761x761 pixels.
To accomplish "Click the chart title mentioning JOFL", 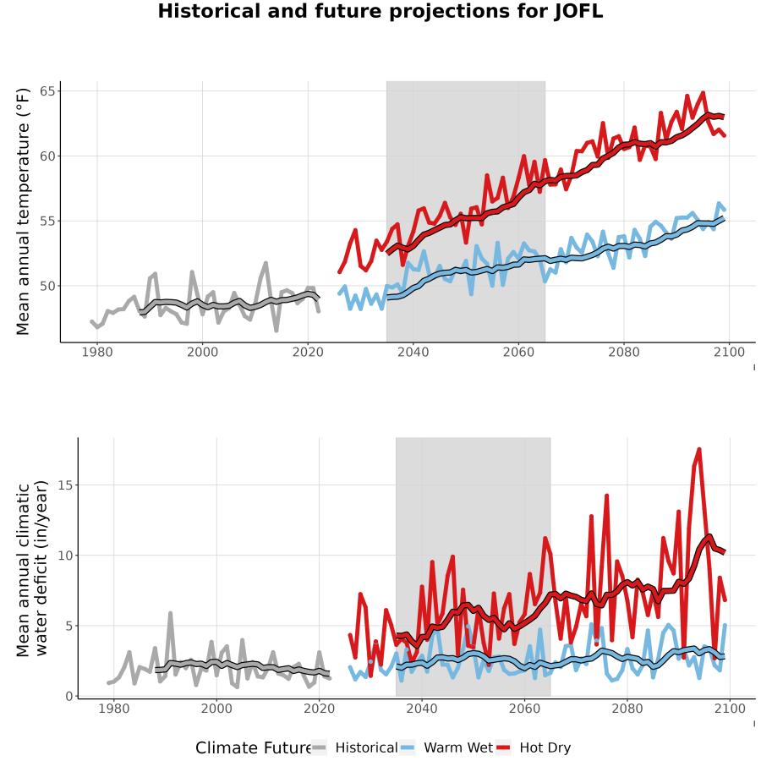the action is tap(380, 11).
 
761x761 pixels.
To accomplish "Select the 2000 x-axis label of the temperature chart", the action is tap(202, 352).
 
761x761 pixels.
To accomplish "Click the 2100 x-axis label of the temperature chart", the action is tap(729, 352).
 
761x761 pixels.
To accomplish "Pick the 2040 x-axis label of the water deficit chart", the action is tap(422, 709).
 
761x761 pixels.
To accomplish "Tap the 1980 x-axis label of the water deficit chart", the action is tap(114, 709).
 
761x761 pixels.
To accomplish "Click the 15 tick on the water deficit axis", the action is tap(65, 485).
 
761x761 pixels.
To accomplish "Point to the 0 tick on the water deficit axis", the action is tap(69, 696).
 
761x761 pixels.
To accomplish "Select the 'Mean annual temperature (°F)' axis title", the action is tap(23, 211).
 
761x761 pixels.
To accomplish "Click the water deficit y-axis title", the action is tap(32, 568).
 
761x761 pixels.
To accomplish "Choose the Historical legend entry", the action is tap(354, 747).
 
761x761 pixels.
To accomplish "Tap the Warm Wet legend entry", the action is tap(446, 747).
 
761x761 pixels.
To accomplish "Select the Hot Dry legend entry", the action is tap(534, 747).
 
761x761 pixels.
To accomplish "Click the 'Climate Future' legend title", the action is tap(254, 748).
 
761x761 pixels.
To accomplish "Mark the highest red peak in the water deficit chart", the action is tap(699, 450).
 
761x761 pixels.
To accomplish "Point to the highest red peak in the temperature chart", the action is tap(703, 93).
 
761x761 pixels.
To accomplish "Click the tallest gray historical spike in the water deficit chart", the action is tap(170, 614).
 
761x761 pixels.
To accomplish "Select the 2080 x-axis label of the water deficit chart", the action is tap(627, 709).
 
